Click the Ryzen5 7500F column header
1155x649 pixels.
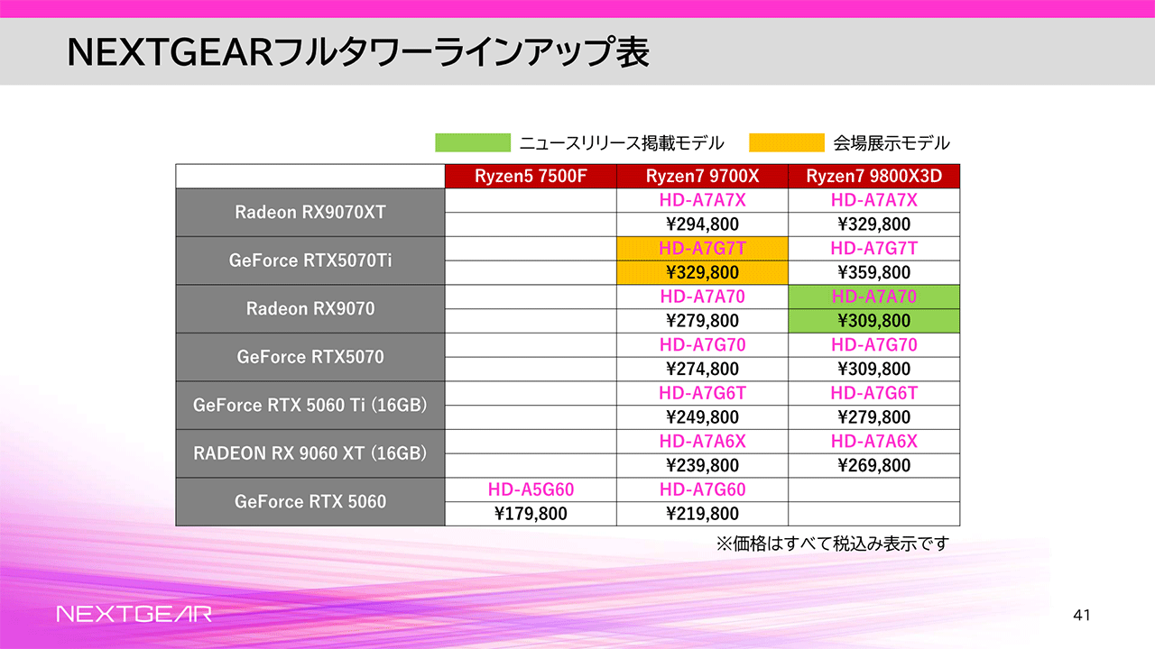(x=531, y=176)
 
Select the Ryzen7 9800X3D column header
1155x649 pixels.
(x=873, y=176)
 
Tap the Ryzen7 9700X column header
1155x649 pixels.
(x=702, y=176)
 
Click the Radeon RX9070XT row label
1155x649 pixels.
(x=310, y=213)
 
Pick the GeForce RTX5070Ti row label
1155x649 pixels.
(x=310, y=261)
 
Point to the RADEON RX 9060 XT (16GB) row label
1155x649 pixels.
(x=310, y=453)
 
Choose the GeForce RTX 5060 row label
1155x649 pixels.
(x=310, y=501)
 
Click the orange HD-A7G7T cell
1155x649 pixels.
(x=702, y=249)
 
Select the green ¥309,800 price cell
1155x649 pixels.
(x=873, y=321)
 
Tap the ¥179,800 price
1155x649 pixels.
(x=531, y=514)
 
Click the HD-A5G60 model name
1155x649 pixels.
(x=531, y=489)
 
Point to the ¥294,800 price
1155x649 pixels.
(x=702, y=224)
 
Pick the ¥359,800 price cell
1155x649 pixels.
(x=873, y=272)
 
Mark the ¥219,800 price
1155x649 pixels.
(x=702, y=514)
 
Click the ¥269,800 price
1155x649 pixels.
(x=873, y=465)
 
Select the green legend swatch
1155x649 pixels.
(x=473, y=142)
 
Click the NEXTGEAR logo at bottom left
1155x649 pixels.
(x=134, y=615)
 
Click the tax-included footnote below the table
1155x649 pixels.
(x=832, y=544)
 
